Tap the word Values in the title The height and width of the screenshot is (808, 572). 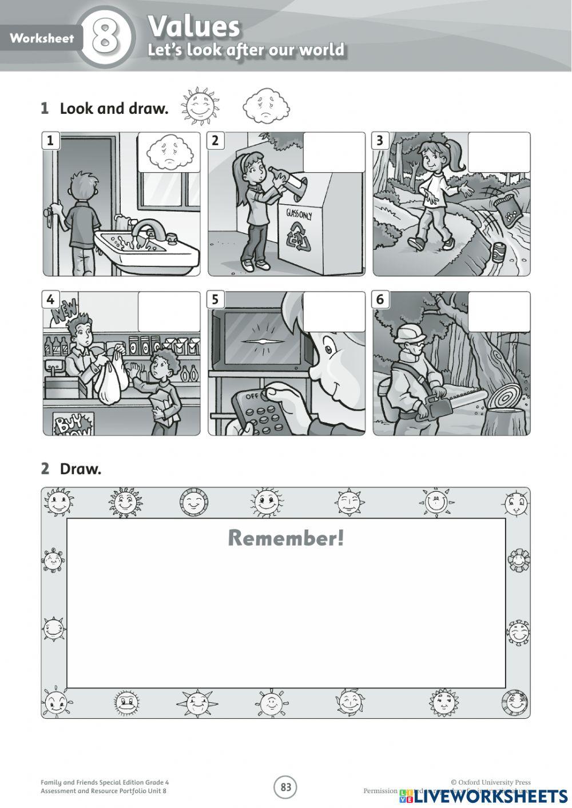click(x=193, y=26)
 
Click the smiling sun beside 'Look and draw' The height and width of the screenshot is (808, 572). click(x=200, y=105)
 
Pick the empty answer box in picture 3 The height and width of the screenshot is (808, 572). click(x=499, y=152)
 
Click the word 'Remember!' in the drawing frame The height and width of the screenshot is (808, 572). click(x=286, y=538)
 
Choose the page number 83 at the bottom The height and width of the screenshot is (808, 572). click(x=285, y=787)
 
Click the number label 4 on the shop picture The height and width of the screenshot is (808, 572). click(x=51, y=299)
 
